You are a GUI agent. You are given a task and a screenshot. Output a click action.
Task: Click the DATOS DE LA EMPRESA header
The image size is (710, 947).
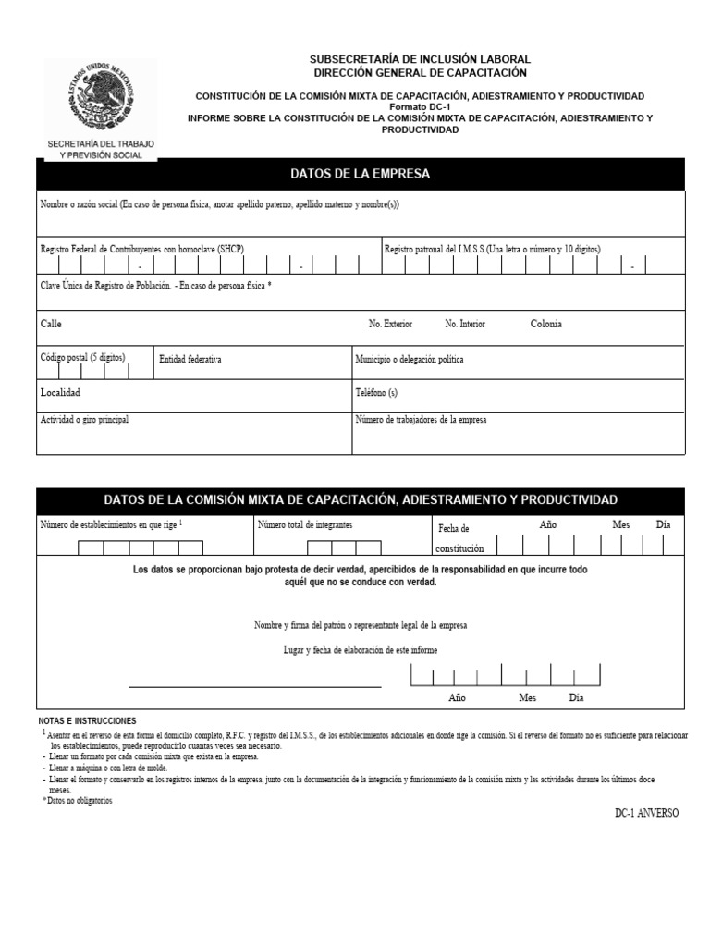pyautogui.click(x=360, y=174)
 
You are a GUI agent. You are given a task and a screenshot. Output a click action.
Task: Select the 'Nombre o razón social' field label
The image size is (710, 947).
pyautogui.click(x=220, y=204)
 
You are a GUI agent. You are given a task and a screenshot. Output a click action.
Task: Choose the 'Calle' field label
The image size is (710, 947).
pyautogui.click(x=51, y=325)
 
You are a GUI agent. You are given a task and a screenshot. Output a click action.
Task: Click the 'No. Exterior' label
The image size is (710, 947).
pyautogui.click(x=390, y=325)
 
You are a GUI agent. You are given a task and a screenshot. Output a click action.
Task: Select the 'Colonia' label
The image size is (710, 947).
pyautogui.click(x=545, y=325)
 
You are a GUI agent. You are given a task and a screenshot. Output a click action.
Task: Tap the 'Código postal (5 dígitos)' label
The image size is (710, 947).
pyautogui.click(x=82, y=357)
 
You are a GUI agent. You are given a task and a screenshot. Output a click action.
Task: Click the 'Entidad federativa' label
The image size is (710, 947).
pyautogui.click(x=190, y=359)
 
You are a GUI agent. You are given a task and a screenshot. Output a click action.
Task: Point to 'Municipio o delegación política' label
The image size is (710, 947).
pyautogui.click(x=410, y=359)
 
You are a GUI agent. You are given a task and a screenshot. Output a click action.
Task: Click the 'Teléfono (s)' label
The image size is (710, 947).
pyautogui.click(x=376, y=393)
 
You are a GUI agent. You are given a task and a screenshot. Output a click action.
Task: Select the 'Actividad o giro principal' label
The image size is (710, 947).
pyautogui.click(x=84, y=420)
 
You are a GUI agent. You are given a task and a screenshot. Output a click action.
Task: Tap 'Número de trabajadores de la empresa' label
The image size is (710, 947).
pyautogui.click(x=421, y=420)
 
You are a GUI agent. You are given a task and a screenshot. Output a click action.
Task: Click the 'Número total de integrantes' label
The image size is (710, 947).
pyautogui.click(x=305, y=525)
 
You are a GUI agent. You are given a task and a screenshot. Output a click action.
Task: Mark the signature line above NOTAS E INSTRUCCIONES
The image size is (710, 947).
pyautogui.click(x=254, y=687)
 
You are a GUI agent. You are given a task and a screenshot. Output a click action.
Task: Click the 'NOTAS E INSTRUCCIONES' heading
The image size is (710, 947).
pyautogui.click(x=87, y=720)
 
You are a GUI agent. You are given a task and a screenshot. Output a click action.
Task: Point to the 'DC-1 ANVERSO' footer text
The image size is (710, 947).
pyautogui.click(x=646, y=813)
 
